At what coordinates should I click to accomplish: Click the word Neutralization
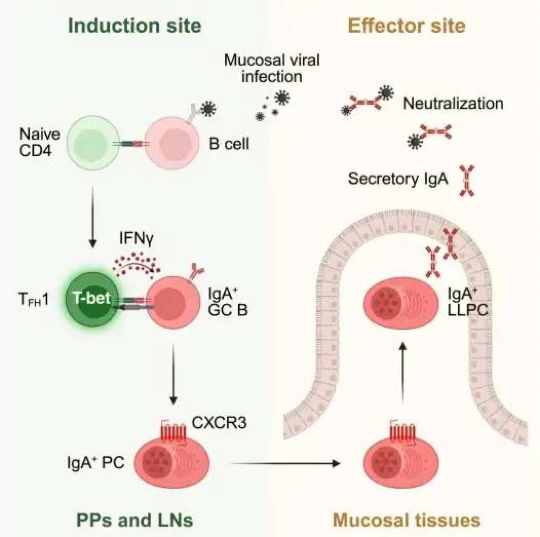point(453,104)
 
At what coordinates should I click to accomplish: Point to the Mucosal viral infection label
point(271,69)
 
